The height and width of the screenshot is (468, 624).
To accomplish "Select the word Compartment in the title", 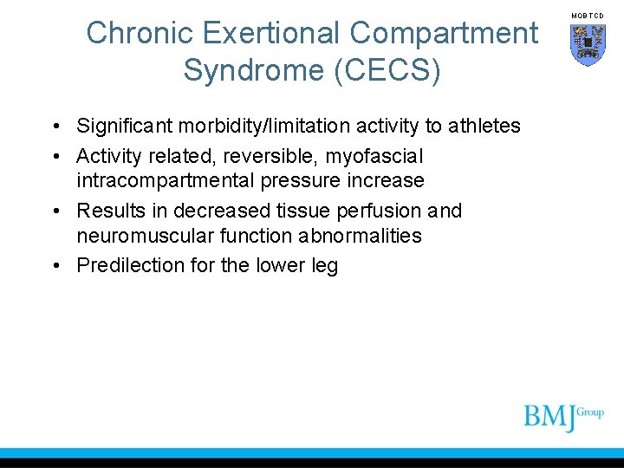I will tap(443, 34).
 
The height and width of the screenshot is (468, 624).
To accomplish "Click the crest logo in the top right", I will tap(588, 43).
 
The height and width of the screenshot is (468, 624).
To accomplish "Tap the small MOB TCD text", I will tap(588, 16).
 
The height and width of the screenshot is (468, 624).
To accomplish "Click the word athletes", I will tap(484, 127).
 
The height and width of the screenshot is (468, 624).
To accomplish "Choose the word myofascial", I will tap(374, 157).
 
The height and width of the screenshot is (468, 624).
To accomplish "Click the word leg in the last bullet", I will tap(323, 266).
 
